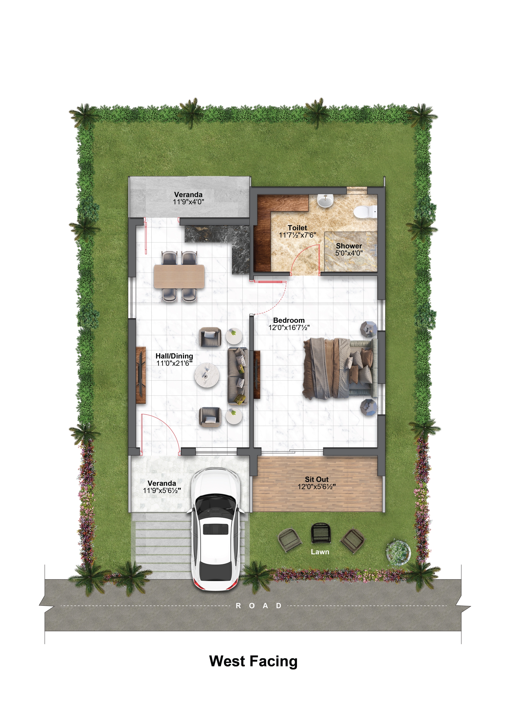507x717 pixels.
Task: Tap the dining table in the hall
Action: pyautogui.click(x=179, y=276)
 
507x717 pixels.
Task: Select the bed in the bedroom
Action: pyautogui.click(x=340, y=368)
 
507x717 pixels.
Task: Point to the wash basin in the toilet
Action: pyautogui.click(x=325, y=201)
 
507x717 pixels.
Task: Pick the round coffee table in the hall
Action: pyautogui.click(x=207, y=375)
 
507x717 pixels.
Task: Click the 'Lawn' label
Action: pyautogui.click(x=320, y=552)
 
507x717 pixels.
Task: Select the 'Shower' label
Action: pyautogui.click(x=349, y=246)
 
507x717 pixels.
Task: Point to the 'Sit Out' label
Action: pyautogui.click(x=317, y=479)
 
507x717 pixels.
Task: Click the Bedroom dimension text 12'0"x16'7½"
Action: pyautogui.click(x=289, y=328)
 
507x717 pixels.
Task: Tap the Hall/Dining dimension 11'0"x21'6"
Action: pyautogui.click(x=174, y=363)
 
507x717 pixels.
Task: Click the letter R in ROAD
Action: pyautogui.click(x=238, y=606)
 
